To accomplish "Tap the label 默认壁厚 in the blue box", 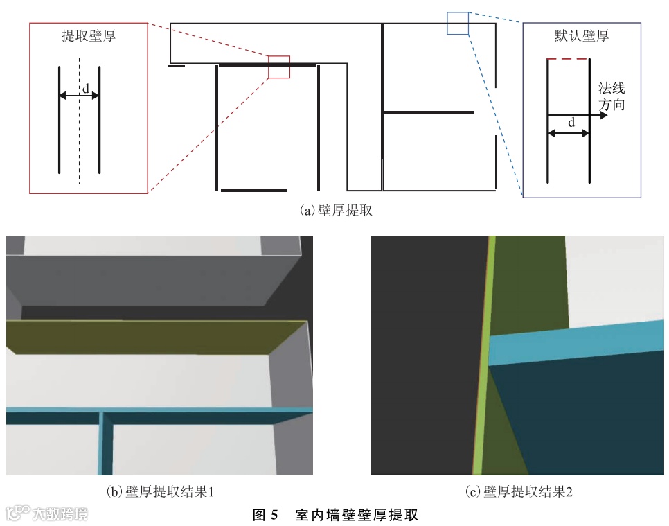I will point(581,37).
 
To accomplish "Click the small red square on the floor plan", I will point(279,67).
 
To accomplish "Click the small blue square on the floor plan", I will point(458,23).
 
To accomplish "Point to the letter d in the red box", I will point(86,88).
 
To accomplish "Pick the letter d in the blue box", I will point(571,122).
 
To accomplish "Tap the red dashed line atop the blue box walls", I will point(568,60).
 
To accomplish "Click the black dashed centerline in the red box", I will point(79,139).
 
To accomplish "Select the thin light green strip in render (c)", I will point(483,360).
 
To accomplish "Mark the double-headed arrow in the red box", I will point(80,96).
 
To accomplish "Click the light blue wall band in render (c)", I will point(575,342).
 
